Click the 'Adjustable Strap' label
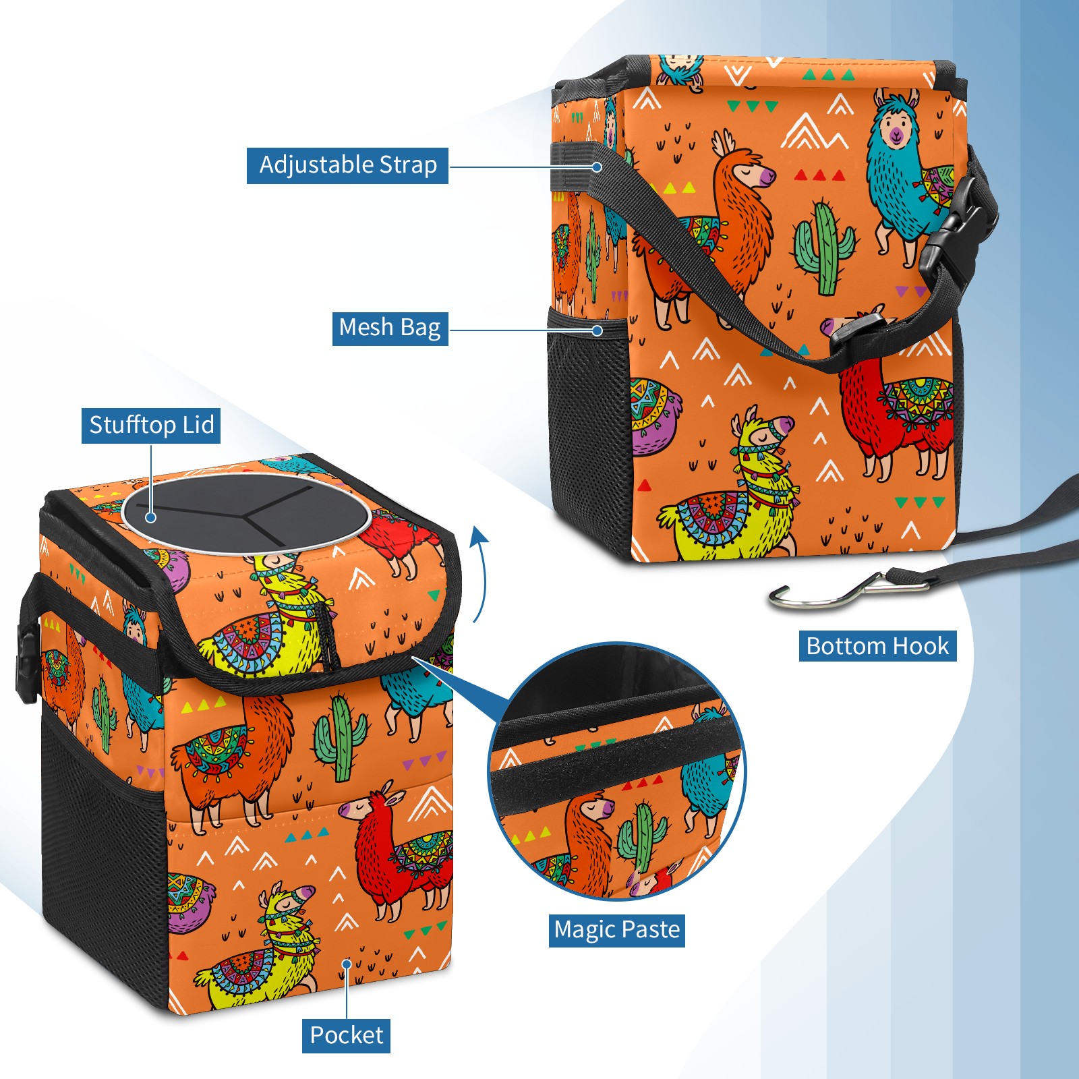click(347, 165)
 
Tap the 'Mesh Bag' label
click(390, 328)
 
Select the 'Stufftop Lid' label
click(151, 426)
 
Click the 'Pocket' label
click(346, 1035)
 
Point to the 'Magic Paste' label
click(616, 930)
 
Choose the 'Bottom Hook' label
click(877, 646)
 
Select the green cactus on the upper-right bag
click(823, 250)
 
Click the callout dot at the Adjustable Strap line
click(597, 167)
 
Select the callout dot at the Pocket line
click(347, 964)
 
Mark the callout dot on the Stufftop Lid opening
click(151, 517)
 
